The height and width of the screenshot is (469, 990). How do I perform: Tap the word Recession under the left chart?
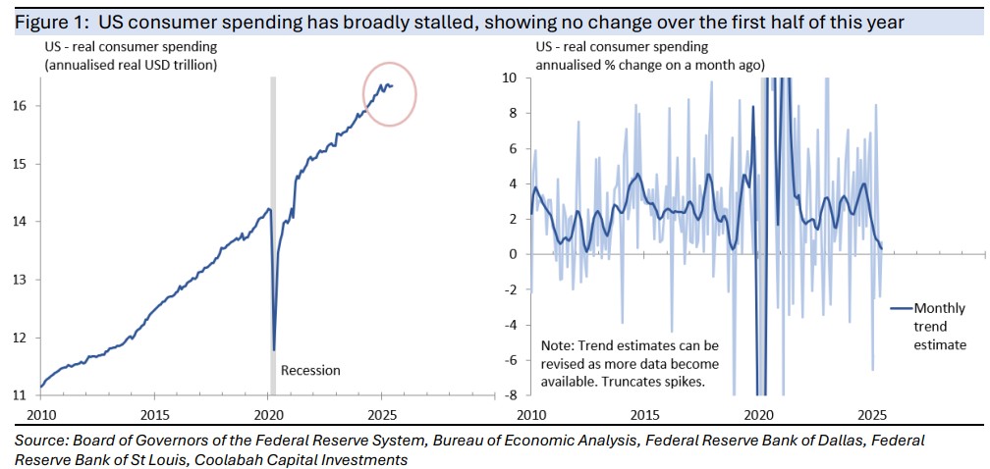tap(310, 370)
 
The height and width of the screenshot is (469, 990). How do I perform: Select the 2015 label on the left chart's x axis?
tap(155, 414)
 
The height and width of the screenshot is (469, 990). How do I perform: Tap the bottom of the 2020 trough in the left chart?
tap(273, 348)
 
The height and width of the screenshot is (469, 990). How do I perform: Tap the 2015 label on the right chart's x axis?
tap(645, 414)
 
